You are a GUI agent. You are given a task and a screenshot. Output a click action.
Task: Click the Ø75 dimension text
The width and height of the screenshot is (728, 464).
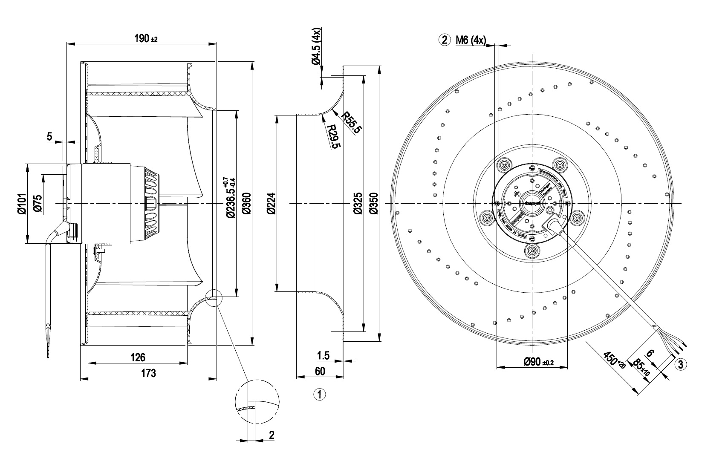pyautogui.click(x=38, y=203)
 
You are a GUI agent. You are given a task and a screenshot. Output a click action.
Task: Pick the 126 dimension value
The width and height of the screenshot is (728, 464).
pyautogui.click(x=138, y=357)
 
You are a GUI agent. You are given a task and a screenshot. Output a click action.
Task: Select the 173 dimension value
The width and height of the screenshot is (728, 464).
pyautogui.click(x=148, y=373)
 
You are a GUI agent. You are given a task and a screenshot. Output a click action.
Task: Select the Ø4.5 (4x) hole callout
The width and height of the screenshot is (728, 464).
pyautogui.click(x=318, y=47)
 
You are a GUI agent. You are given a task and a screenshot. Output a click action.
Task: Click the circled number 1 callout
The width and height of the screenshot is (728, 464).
pyautogui.click(x=319, y=394)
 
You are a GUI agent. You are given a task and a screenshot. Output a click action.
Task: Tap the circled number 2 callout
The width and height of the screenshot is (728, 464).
pyautogui.click(x=444, y=40)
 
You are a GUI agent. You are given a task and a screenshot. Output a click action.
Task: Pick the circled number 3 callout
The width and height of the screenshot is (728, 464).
pyautogui.click(x=680, y=364)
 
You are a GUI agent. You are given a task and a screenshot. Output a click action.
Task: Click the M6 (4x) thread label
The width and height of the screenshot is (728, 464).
pyautogui.click(x=471, y=40)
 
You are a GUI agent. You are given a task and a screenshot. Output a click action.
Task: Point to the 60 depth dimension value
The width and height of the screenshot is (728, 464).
pyautogui.click(x=320, y=371)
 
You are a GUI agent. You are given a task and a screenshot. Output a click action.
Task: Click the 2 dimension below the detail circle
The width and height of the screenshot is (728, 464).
pyautogui.click(x=272, y=435)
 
